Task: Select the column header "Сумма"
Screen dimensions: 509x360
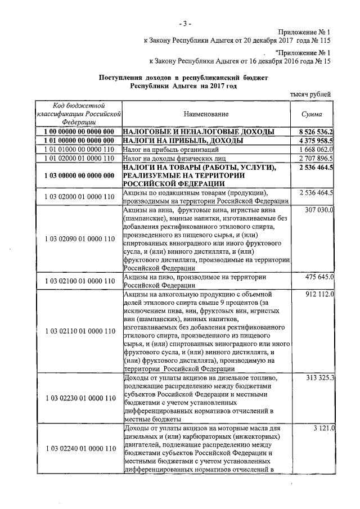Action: (x=312, y=114)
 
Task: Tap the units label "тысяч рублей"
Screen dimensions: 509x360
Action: (x=310, y=94)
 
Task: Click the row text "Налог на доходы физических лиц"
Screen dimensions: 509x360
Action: (x=175, y=159)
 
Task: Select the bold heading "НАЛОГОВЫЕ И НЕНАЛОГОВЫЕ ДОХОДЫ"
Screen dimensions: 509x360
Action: (x=199, y=131)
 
